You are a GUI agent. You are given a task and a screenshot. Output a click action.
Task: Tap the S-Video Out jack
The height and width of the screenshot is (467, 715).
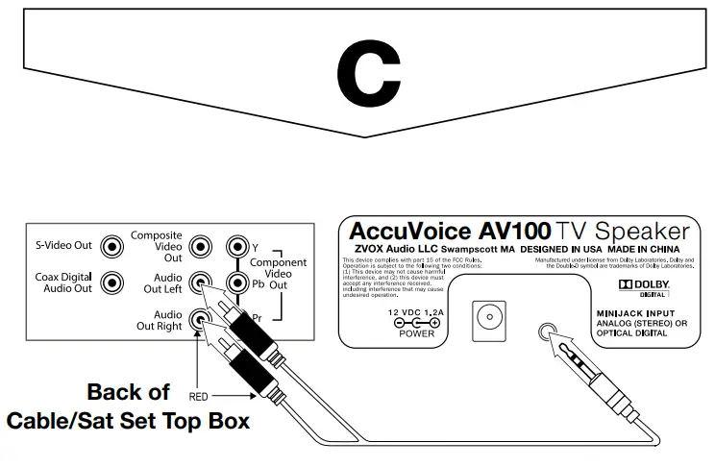[x=114, y=246]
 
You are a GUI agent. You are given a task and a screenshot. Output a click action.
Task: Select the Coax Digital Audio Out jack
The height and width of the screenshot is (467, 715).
[x=114, y=283]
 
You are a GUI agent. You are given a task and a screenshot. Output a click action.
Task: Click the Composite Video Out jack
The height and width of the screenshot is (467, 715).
[x=200, y=246]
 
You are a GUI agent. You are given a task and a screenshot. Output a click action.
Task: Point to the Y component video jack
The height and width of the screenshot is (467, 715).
[x=236, y=246]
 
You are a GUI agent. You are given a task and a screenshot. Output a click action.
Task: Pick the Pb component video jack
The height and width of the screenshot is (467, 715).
[x=236, y=283]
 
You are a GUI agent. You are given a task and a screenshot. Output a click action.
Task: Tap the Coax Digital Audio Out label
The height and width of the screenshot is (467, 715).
[x=62, y=283]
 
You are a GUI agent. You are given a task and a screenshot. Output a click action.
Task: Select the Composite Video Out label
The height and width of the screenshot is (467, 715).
[x=157, y=246]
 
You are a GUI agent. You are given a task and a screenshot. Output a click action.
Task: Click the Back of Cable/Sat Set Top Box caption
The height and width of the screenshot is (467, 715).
[x=129, y=406]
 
